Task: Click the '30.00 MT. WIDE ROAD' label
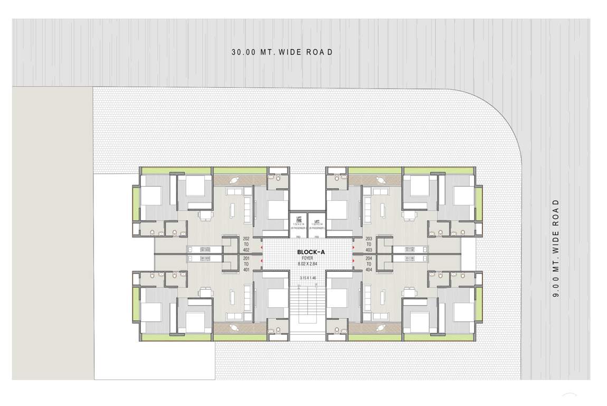[x=282, y=52]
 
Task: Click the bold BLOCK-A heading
[x=310, y=252]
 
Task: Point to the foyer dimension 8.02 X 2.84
[x=310, y=263]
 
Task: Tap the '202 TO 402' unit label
[x=246, y=244]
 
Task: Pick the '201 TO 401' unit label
[x=246, y=263]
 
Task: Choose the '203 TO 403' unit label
[x=369, y=244]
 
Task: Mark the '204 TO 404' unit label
[x=369, y=263]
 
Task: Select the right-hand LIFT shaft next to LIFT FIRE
[x=317, y=223]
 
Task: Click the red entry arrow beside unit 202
[x=261, y=246]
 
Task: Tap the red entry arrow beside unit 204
[x=353, y=260]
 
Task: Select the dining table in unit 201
[x=205, y=292]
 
